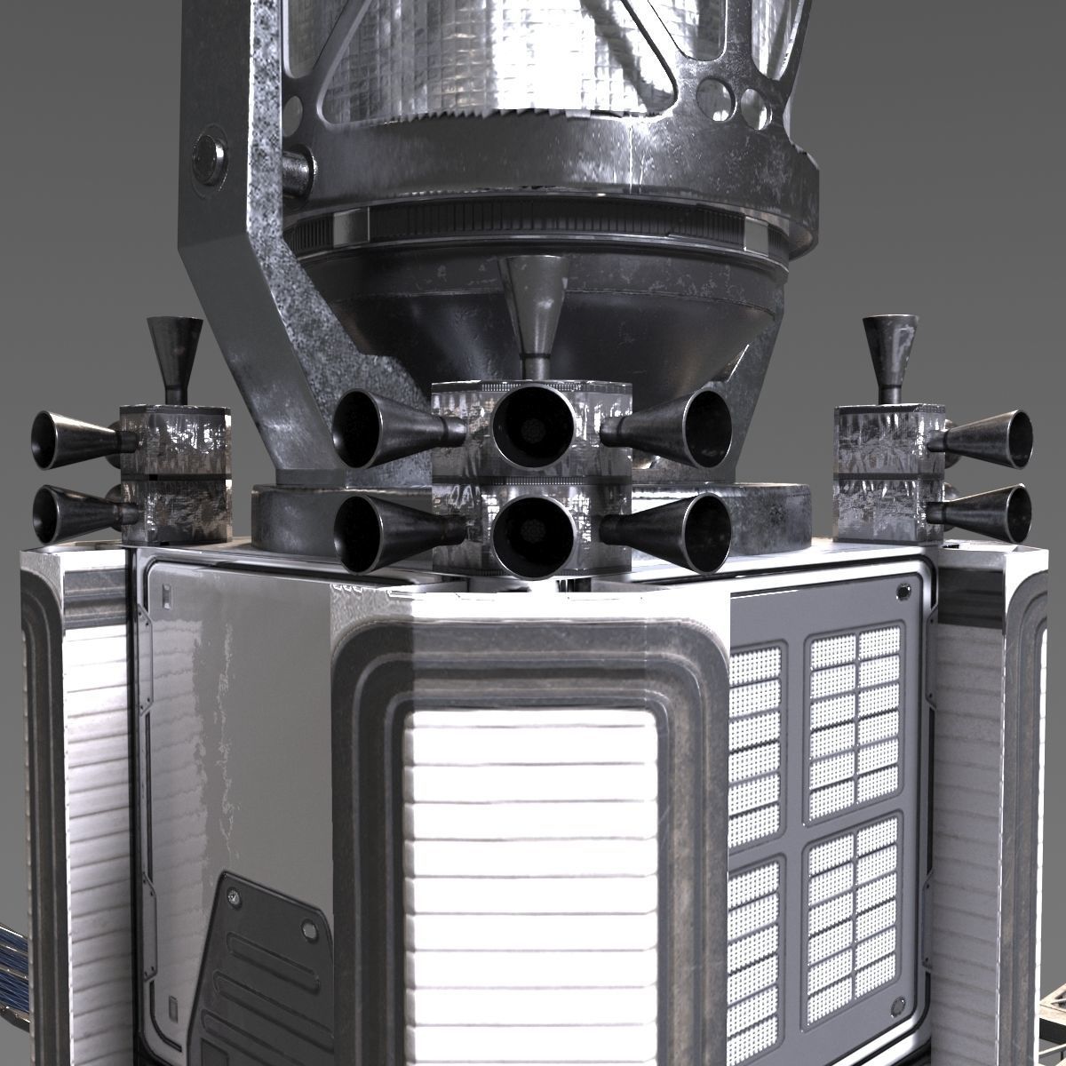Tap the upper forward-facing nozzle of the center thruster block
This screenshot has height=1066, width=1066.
pyautogui.click(x=533, y=427)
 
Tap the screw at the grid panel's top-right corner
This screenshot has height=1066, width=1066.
pyautogui.click(x=903, y=590)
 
